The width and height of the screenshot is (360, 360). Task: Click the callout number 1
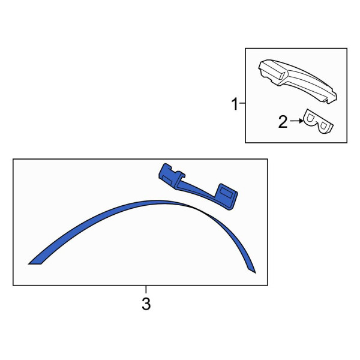coord(235,104)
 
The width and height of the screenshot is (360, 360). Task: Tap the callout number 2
coord(283,122)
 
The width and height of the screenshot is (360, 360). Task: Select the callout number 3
coord(146,304)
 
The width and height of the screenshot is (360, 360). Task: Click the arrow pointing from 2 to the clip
coord(296,121)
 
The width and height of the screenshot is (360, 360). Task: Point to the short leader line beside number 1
coord(242,103)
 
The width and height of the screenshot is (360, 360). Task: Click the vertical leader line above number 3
coord(146,289)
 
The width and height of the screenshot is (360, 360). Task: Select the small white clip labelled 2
coord(318,121)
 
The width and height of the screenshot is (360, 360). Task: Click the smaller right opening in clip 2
coord(323,125)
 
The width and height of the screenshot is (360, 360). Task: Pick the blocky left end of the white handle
coord(272,71)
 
